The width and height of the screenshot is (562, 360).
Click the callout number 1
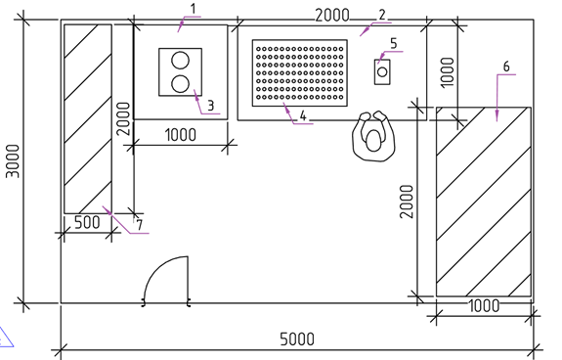click(194, 9)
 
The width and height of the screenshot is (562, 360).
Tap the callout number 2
click(382, 15)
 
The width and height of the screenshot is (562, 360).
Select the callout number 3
click(211, 106)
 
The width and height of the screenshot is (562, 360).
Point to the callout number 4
click(303, 115)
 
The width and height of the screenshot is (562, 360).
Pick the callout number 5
click(394, 43)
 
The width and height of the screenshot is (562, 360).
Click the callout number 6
click(506, 67)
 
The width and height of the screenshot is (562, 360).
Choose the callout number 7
click(140, 225)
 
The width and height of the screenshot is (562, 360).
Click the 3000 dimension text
click(14, 161)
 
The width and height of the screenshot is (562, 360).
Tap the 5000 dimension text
click(297, 338)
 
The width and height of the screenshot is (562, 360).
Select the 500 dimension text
click(87, 222)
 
